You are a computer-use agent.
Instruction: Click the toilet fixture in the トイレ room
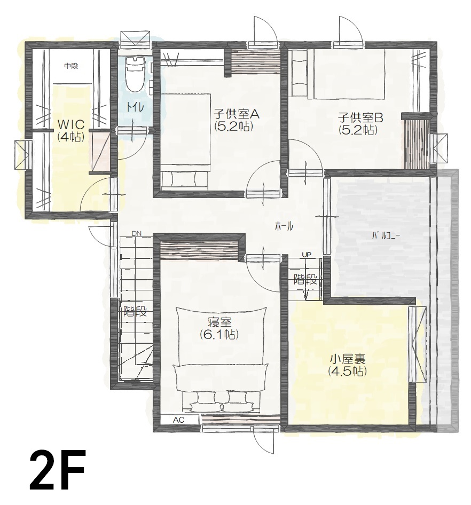point(135,74)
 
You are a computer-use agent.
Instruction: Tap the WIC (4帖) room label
point(71,130)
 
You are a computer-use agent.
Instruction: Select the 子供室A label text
point(237,114)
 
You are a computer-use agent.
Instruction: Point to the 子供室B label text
point(360,117)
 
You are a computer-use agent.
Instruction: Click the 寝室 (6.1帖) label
point(219,328)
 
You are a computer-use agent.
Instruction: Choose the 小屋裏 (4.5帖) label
point(348,365)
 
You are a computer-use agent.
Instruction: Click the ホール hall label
point(284,226)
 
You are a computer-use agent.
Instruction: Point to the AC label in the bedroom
point(178,420)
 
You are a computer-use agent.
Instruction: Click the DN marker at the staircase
point(136,233)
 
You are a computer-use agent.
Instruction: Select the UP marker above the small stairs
point(307,255)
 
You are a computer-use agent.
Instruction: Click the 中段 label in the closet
point(71,66)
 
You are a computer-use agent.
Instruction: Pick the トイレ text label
point(135,106)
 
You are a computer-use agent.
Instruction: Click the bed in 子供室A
point(185,141)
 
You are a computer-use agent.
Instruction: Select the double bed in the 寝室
point(222,359)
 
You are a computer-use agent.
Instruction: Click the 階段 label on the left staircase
point(135,311)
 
